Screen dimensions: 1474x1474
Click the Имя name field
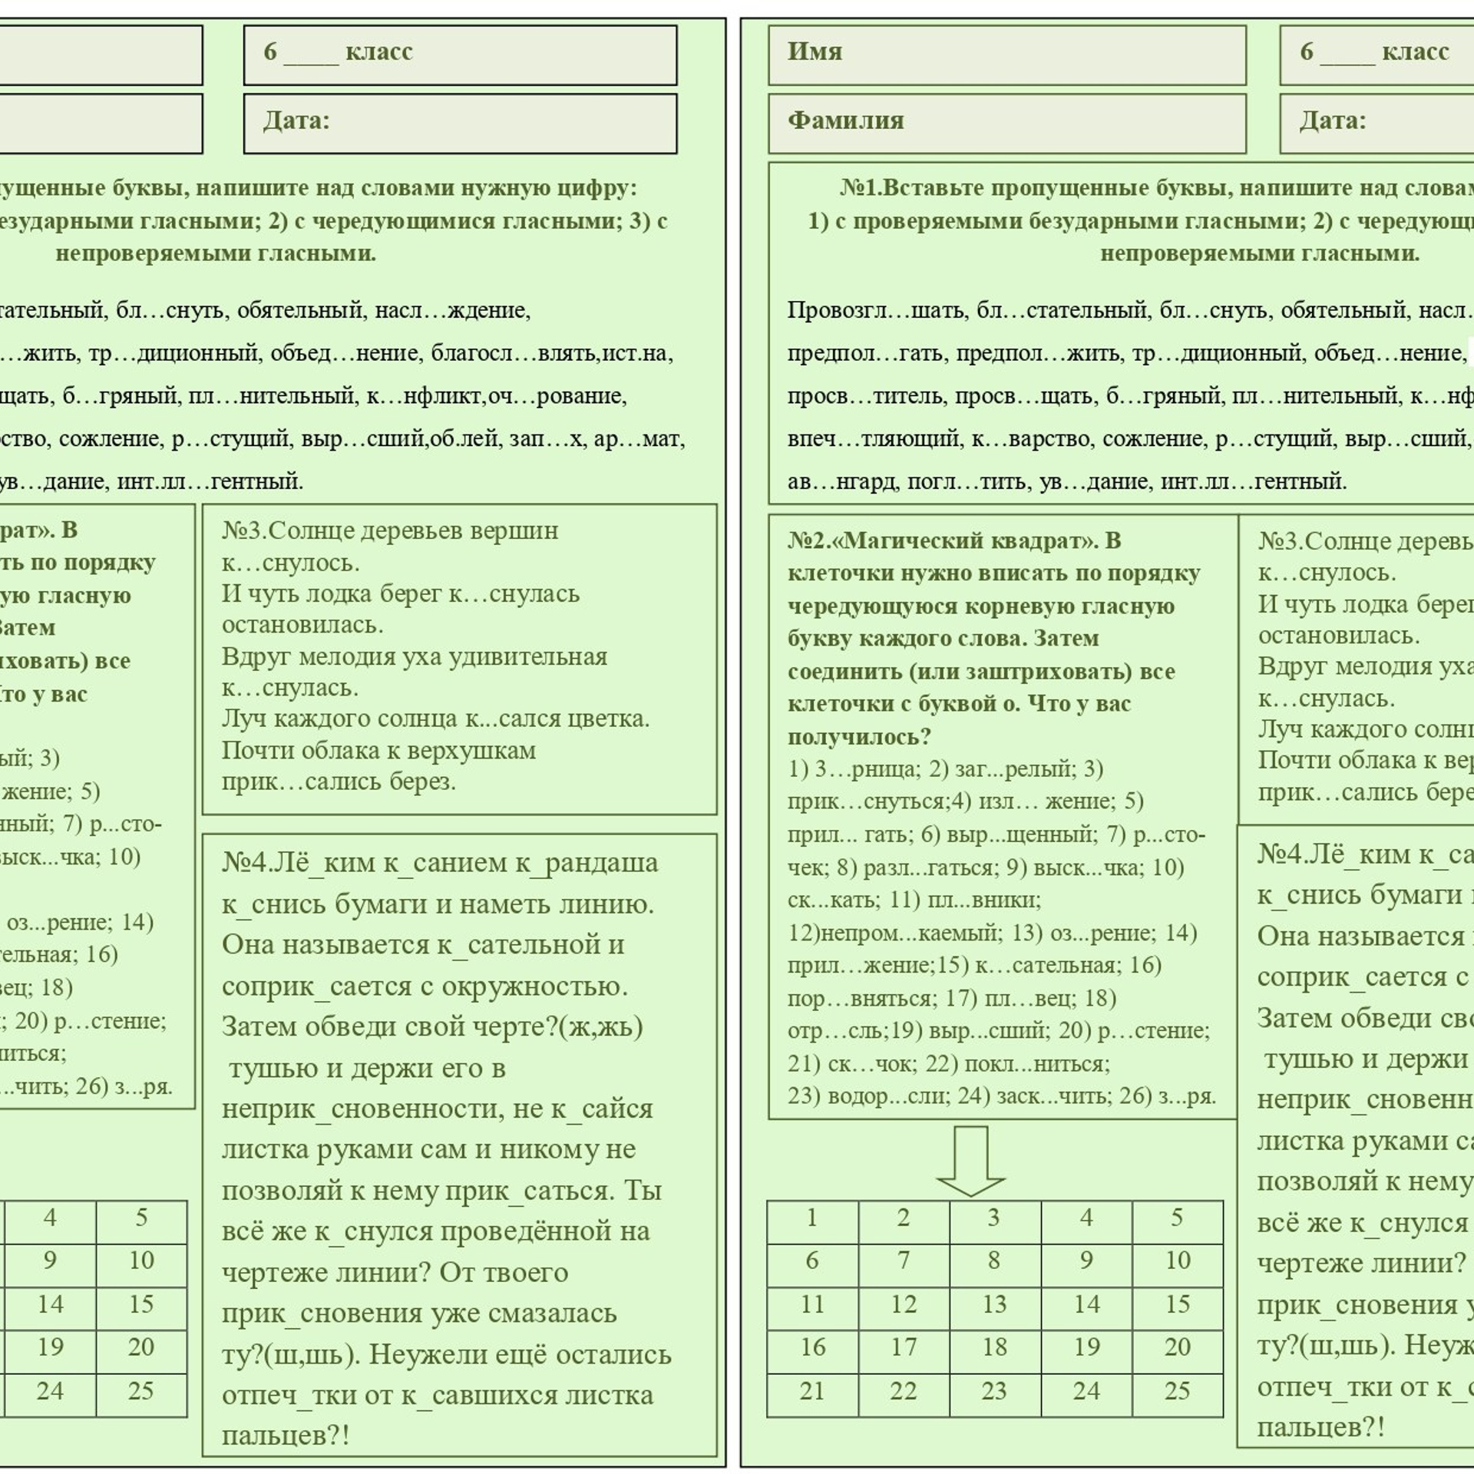1006,55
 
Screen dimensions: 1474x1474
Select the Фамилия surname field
1006,123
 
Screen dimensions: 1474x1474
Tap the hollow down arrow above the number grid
970,1160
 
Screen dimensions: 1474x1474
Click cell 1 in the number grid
812,1218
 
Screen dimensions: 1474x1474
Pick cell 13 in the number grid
994,1304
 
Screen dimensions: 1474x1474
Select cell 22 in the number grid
903,1391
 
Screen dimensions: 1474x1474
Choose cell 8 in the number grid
994,1261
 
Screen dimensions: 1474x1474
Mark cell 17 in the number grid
903,1347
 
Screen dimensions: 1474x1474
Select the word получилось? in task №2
859,736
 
